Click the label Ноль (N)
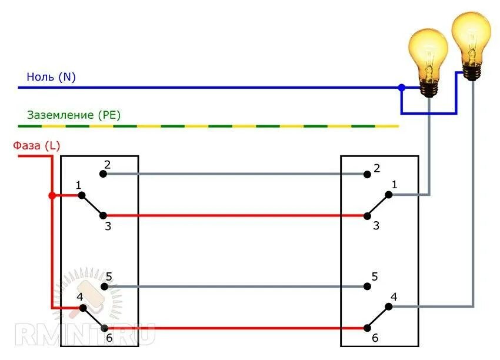[x=51, y=77]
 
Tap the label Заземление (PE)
[x=74, y=115]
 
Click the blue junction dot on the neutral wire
[x=402, y=88]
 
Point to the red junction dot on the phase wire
[x=52, y=195]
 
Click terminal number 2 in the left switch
[x=103, y=174]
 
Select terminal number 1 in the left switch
[x=82, y=195]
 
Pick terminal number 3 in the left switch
[x=103, y=215]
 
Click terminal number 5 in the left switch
[x=104, y=287]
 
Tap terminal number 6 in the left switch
[x=104, y=328]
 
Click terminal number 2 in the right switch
[x=367, y=174]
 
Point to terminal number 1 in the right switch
[x=388, y=195]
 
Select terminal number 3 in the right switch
[x=367, y=215]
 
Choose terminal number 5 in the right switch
[x=367, y=287]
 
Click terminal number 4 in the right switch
[x=388, y=306]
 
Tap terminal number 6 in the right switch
[x=367, y=328]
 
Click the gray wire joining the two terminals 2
[x=235, y=174]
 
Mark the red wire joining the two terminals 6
[x=235, y=328]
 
